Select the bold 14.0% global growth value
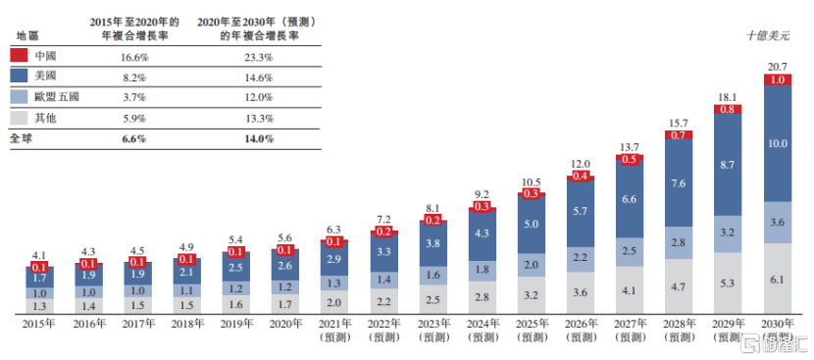point(259,139)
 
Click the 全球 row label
point(22,139)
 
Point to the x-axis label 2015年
point(40,323)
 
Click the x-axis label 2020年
point(286,323)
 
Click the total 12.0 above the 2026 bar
point(582,164)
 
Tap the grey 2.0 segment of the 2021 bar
point(335,303)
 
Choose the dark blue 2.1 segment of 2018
point(187,274)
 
